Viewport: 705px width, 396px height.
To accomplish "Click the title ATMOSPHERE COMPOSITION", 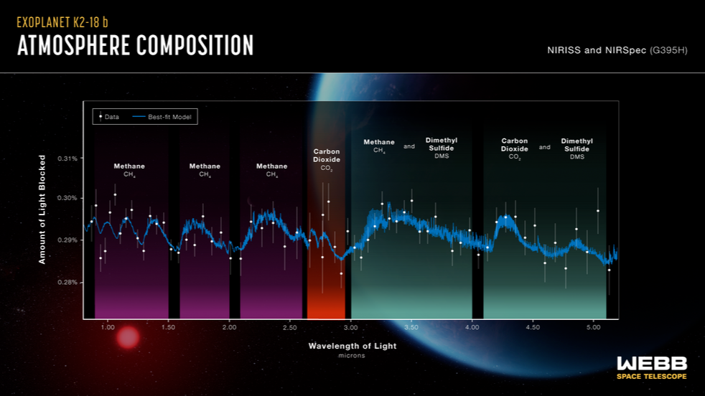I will pyautogui.click(x=135, y=45).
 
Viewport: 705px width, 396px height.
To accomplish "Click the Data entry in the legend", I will pyautogui.click(x=108, y=116).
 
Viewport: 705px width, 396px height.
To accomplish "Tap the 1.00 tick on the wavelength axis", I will pyautogui.click(x=107, y=327).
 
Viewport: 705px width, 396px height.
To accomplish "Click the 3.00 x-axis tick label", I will pyautogui.click(x=350, y=327).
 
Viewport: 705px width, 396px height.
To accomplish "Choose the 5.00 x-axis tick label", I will pyautogui.click(x=593, y=327).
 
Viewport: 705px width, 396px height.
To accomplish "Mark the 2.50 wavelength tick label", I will pyautogui.click(x=289, y=327).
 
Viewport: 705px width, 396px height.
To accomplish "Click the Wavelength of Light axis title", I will pyautogui.click(x=352, y=346).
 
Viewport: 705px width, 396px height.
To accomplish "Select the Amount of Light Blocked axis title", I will pyautogui.click(x=42, y=209).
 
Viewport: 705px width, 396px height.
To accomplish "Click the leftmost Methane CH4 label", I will pyautogui.click(x=129, y=169).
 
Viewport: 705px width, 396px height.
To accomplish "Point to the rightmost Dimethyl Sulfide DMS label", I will pyautogui.click(x=576, y=148).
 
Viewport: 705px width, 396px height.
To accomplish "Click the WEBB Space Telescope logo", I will pyautogui.click(x=651, y=367).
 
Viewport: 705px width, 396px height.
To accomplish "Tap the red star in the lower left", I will pyautogui.click(x=128, y=337).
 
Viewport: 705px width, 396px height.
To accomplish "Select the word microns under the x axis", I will pyautogui.click(x=352, y=356).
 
